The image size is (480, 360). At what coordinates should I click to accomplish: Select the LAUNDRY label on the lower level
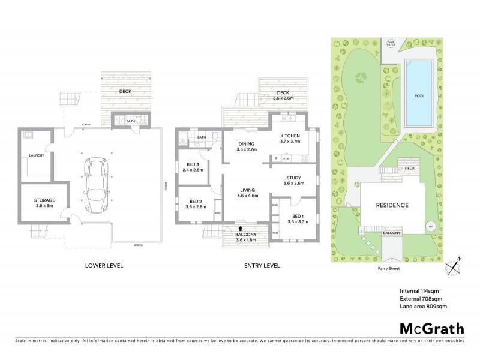(x=37, y=155)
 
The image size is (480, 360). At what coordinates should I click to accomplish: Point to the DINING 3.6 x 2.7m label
(x=246, y=147)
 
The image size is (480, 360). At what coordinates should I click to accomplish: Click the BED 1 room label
(x=298, y=218)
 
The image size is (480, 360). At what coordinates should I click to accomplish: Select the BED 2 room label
(x=197, y=204)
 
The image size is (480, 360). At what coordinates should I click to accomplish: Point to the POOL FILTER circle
(x=391, y=43)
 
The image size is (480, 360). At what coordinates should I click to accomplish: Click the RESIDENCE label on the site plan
(x=392, y=205)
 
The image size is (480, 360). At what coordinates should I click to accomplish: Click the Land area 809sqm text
(x=424, y=307)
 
